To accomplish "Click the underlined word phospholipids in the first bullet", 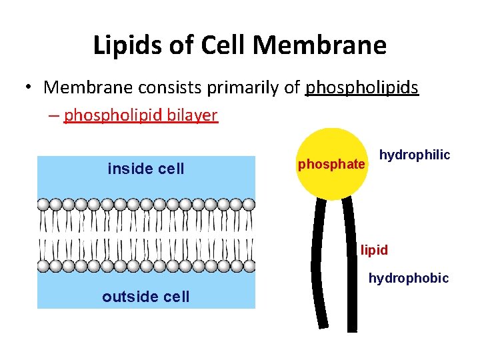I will tap(361, 88).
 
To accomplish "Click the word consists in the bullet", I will tap(172, 88).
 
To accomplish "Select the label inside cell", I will tap(145, 169).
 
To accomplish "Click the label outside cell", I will tap(145, 297).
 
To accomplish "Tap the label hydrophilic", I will tap(415, 155).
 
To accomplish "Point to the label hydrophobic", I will tap(409, 278).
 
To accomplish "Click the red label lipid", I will tap(374, 251).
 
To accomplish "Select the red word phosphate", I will tap(331, 164).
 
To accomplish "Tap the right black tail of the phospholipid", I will tap(351, 267).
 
